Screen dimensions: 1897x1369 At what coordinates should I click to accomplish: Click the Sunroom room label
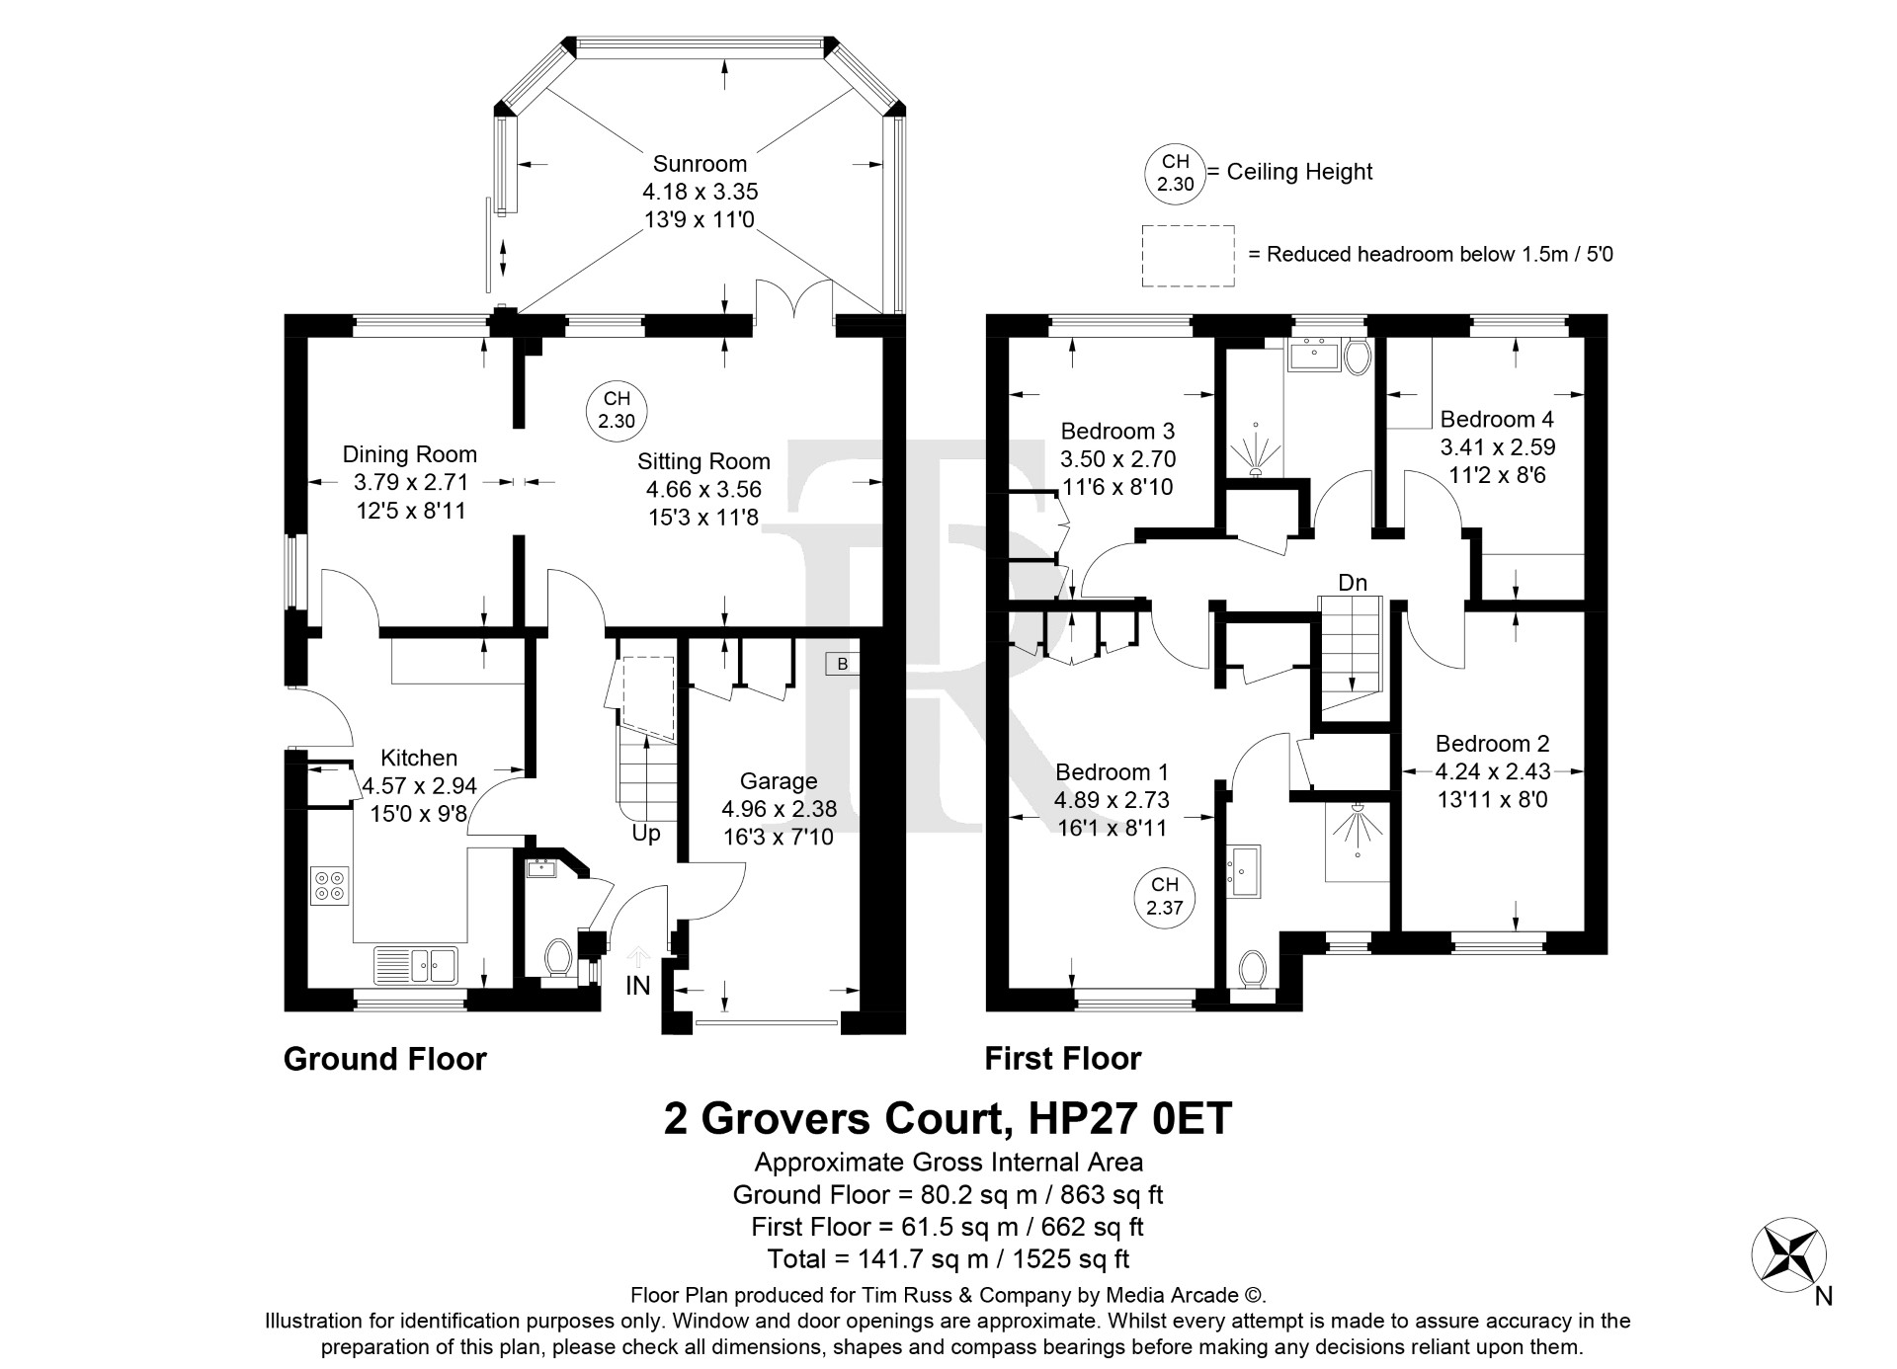700,164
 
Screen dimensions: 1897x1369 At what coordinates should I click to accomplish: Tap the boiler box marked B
843,664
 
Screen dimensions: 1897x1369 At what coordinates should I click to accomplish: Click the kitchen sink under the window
415,965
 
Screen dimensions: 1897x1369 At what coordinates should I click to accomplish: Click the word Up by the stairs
646,834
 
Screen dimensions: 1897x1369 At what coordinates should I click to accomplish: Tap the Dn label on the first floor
1353,583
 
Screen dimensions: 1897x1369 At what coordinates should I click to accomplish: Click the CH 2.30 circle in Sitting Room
617,410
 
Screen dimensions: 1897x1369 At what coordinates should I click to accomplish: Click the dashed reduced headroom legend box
1188,256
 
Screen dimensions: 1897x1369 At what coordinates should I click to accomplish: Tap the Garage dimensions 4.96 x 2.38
779,809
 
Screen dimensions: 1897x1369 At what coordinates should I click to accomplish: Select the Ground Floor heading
385,1059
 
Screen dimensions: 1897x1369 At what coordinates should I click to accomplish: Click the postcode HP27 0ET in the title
1130,1119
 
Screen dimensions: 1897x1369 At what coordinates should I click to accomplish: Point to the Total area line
948,1259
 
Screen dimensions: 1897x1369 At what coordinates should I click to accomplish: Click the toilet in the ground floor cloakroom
558,957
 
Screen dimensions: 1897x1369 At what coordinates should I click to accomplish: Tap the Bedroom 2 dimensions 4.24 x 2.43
1493,771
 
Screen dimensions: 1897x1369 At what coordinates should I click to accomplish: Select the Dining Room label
410,454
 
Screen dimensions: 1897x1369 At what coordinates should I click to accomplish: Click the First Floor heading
1063,1059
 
